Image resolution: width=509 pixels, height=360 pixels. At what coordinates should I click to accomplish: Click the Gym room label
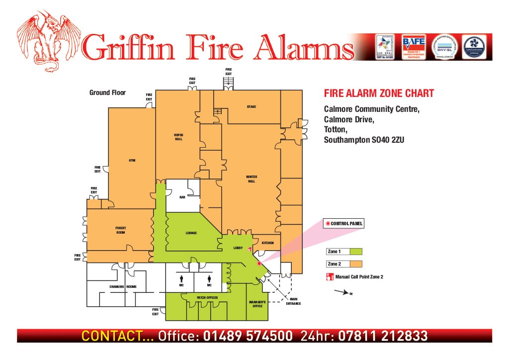132,160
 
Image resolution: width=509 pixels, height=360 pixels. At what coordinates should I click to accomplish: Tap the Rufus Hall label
178,137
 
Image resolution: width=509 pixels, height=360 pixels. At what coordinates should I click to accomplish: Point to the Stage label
252,107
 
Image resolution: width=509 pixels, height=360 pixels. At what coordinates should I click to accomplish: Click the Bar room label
182,197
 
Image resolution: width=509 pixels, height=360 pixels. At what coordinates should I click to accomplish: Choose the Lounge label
191,233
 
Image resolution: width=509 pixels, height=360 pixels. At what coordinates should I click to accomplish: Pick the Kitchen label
268,243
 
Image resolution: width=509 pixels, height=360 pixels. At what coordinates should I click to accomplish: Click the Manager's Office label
257,304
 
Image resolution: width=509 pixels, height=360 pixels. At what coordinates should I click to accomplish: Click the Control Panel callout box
343,224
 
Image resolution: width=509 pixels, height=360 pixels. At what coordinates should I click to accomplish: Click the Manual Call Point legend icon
329,276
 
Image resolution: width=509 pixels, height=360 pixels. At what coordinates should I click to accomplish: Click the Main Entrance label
293,301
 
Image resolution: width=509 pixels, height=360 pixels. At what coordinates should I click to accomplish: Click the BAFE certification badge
414,47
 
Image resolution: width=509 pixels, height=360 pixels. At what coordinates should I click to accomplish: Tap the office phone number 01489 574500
248,336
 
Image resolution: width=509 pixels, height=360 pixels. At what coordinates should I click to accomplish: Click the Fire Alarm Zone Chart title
379,93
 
